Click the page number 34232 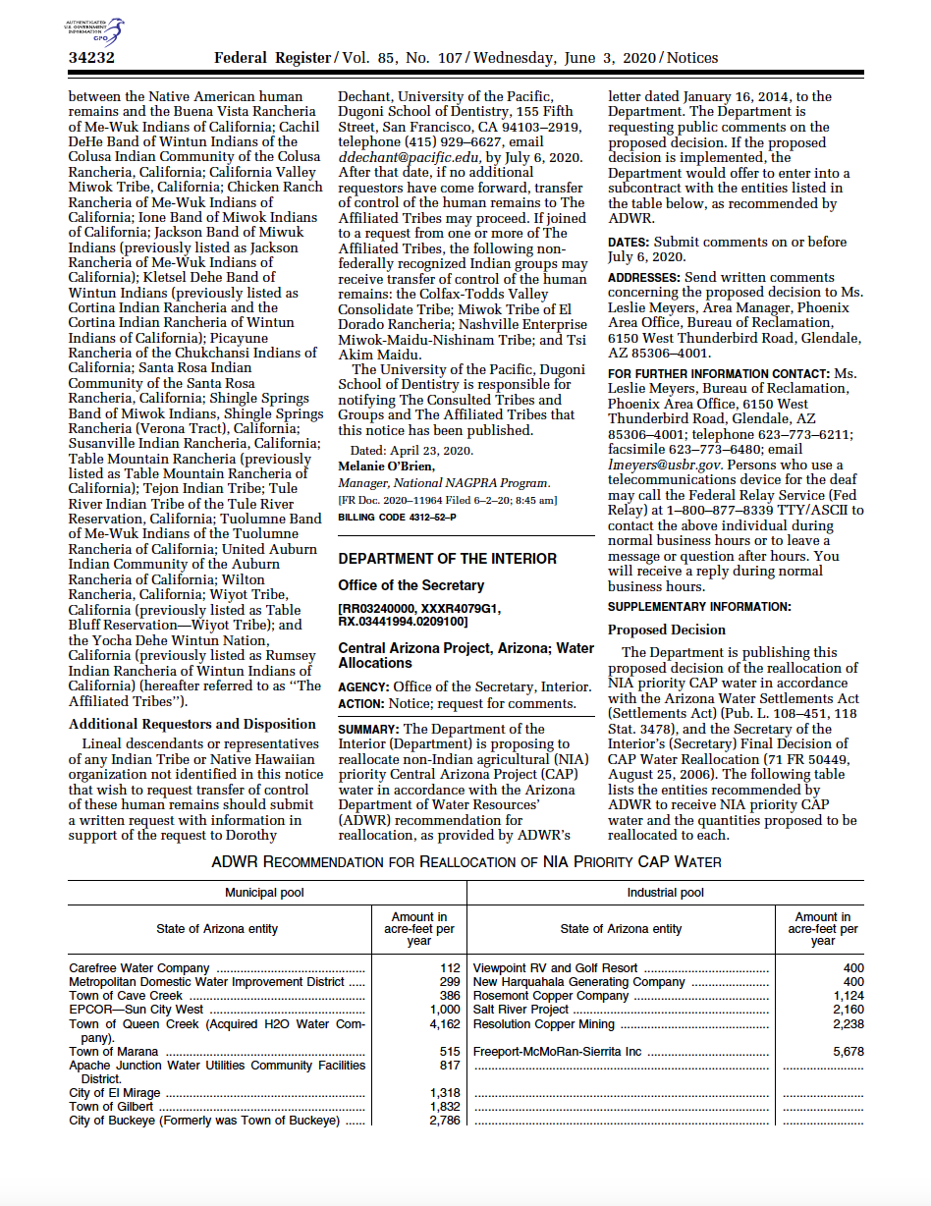pos(91,58)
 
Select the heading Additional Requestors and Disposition pos(192,724)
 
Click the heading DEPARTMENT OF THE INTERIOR pos(447,559)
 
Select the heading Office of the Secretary pos(411,585)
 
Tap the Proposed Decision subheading pos(666,630)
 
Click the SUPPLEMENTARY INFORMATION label pos(699,607)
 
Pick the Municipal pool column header pos(265,893)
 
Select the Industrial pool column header pos(665,893)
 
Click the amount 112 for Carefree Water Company pos(450,968)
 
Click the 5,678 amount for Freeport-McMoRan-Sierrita pos(848,1052)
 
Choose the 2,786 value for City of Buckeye pos(445,1121)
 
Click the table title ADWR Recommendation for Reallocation pos(466,862)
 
